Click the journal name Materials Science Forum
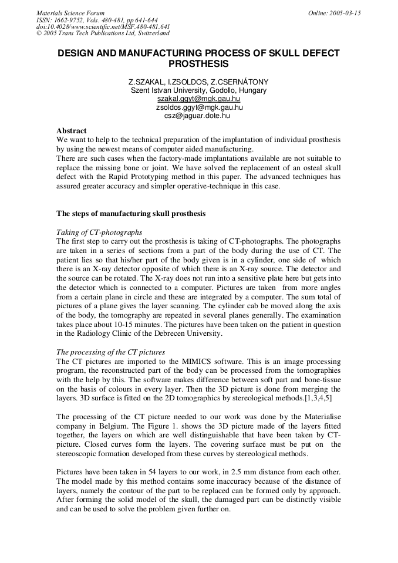(70, 13)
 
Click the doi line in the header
(103, 27)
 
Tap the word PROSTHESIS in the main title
(198, 63)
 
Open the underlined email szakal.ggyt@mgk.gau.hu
(198, 99)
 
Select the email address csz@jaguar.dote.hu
(198, 116)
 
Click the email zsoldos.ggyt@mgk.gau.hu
(198, 107)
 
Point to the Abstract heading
(71, 130)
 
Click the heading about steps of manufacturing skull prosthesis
(131, 214)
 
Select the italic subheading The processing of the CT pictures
(110, 352)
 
